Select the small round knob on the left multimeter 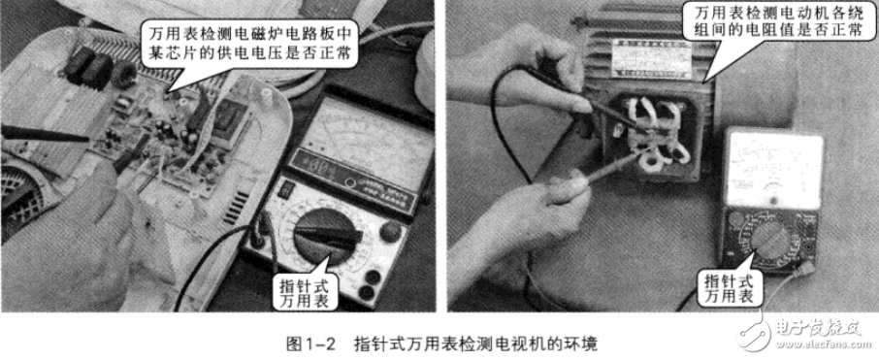pyautogui.click(x=389, y=231)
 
